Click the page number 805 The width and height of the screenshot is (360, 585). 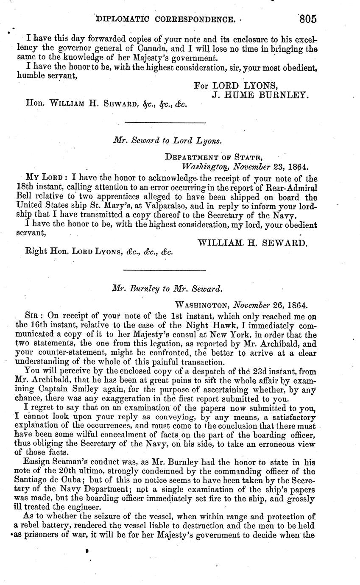[307, 19]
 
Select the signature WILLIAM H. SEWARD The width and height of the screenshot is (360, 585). [252, 243]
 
